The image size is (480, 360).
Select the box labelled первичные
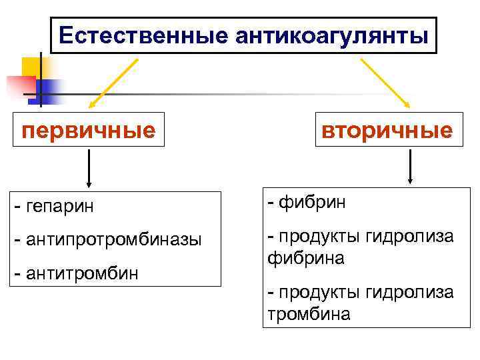[89, 129]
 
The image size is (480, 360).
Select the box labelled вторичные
[387, 129]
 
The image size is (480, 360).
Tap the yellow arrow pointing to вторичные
[385, 82]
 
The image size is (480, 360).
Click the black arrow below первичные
[89, 169]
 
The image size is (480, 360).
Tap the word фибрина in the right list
[305, 257]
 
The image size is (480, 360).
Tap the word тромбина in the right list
[308, 313]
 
